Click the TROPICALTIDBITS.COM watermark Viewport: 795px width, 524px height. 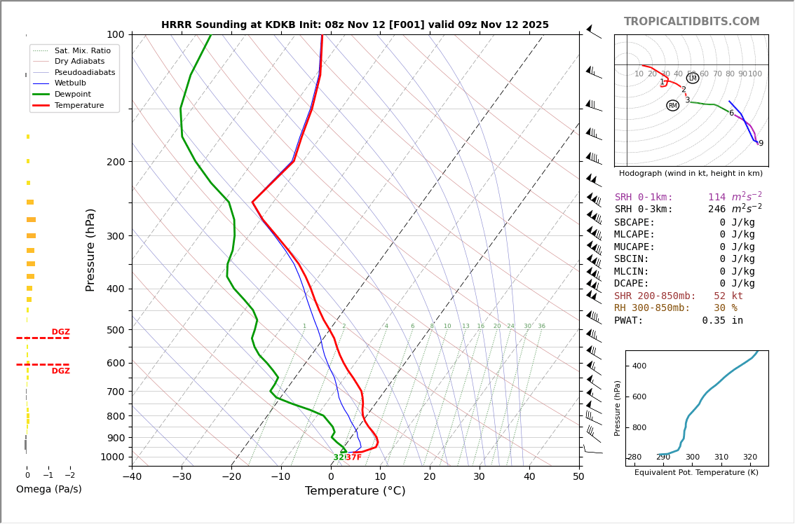[691, 22]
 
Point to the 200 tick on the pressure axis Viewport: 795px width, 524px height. [116, 162]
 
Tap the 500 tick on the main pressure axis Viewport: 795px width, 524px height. [116, 330]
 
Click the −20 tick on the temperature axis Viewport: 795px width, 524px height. [231, 477]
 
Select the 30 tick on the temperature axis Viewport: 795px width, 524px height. [479, 477]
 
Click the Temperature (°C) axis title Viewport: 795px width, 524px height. [355, 491]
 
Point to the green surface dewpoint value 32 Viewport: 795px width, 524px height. [339, 457]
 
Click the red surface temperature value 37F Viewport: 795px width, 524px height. [354, 457]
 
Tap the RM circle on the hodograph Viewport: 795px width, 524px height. [673, 106]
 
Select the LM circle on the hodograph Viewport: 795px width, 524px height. [693, 78]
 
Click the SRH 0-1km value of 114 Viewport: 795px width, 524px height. [716, 198]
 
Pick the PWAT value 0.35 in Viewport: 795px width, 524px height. [722, 321]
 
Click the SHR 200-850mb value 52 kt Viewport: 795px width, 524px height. [728, 296]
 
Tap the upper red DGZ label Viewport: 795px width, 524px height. [60, 332]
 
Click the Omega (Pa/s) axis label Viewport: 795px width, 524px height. [49, 490]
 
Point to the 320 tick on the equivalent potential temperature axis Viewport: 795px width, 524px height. [750, 457]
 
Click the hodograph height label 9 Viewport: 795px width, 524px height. [761, 144]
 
